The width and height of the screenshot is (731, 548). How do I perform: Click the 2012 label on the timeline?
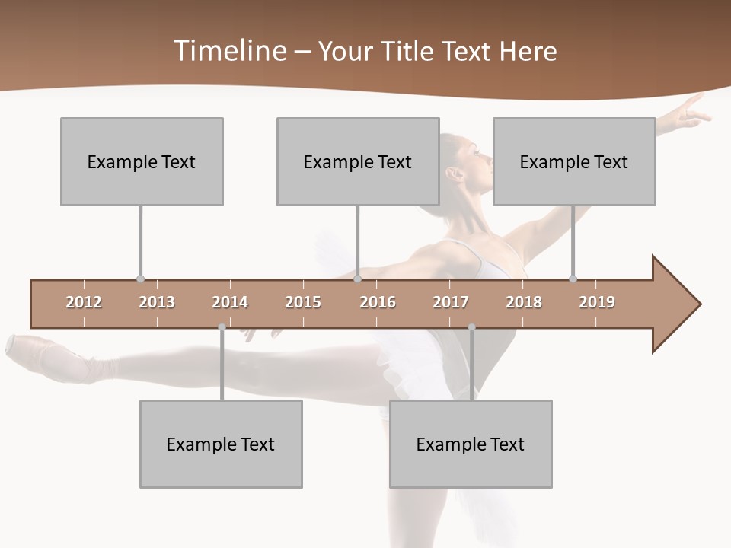(x=84, y=302)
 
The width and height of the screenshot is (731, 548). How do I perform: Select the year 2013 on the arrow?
(x=157, y=302)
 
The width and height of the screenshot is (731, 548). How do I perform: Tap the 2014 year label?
(x=230, y=302)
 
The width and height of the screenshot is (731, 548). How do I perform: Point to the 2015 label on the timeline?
(x=303, y=302)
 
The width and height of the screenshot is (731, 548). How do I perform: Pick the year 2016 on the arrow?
(x=378, y=302)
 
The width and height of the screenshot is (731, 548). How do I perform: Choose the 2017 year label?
(x=451, y=302)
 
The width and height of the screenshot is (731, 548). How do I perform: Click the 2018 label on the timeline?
(x=524, y=302)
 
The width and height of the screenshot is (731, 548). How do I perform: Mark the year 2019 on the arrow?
(x=597, y=302)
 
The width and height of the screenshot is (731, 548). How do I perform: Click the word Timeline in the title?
(x=229, y=51)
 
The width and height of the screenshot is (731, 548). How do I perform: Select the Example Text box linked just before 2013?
(x=142, y=161)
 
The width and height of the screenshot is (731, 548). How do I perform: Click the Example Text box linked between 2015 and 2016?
(x=358, y=161)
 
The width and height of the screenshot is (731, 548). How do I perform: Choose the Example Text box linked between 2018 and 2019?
(x=574, y=161)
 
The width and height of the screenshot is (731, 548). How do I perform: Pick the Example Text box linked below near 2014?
(x=221, y=444)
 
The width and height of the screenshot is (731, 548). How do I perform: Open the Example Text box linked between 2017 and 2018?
(x=471, y=444)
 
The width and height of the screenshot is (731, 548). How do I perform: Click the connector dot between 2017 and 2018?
(x=471, y=327)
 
